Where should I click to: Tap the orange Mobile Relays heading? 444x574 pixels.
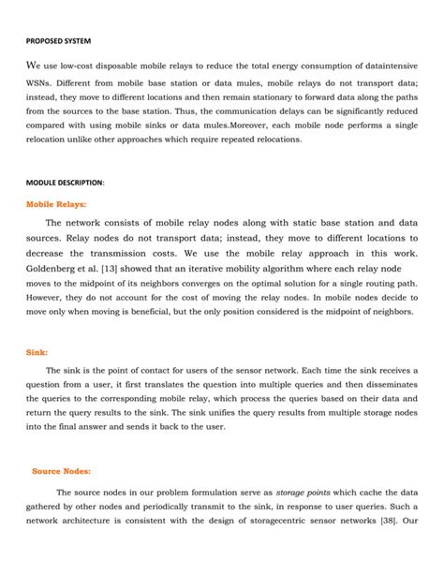[55, 202]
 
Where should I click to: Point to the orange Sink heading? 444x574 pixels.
[37, 353]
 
